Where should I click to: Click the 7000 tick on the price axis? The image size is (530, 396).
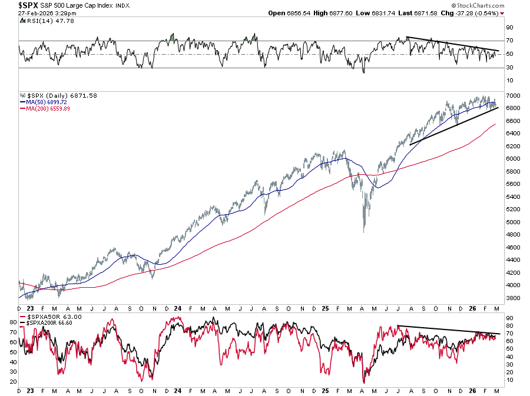(514, 95)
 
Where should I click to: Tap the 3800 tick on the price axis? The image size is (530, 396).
(514, 298)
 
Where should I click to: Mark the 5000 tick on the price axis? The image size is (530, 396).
(514, 222)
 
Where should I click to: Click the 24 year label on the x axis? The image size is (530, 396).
(178, 307)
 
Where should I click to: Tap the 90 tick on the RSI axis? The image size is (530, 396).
(510, 27)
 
